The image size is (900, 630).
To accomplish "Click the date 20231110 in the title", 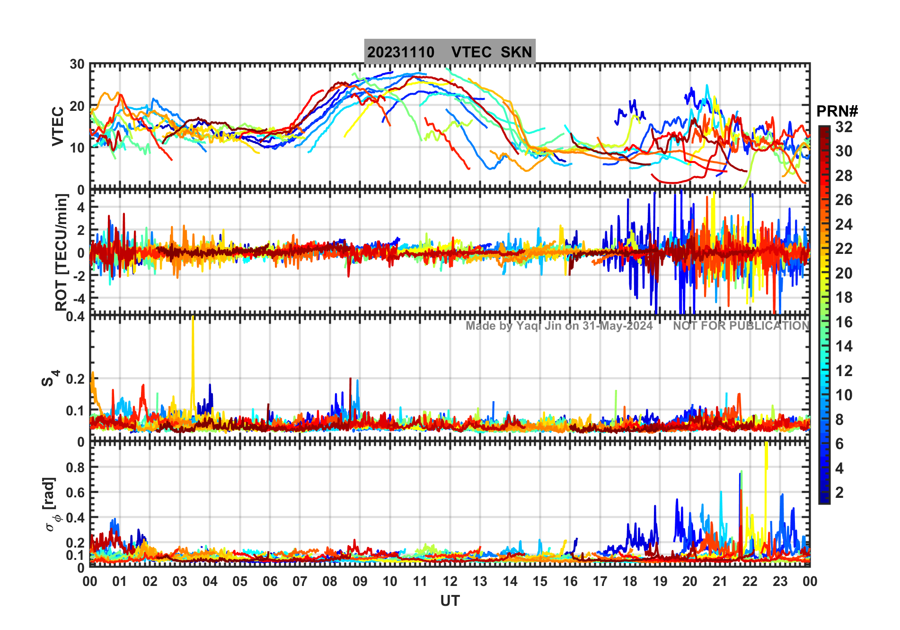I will pos(401,52).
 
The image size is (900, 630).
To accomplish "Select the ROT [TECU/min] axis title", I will pos(62,252).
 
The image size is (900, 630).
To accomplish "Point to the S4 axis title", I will pos(49,378).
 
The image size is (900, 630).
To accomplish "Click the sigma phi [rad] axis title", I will pos(51,504).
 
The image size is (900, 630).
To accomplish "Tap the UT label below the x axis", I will pos(450,601).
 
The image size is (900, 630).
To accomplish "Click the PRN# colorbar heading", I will pos(837,111).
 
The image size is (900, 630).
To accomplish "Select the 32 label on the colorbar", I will pos(844,127).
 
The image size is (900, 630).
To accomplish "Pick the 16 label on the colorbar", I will pos(844,322).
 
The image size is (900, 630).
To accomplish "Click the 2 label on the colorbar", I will pos(839,493).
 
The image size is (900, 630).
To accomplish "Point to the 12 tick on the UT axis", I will pos(450,581).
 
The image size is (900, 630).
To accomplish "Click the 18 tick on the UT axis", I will pos(630,581).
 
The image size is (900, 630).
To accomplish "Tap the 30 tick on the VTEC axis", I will pos(77,64).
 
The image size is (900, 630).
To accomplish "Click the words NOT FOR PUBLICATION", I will pos(741,326).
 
